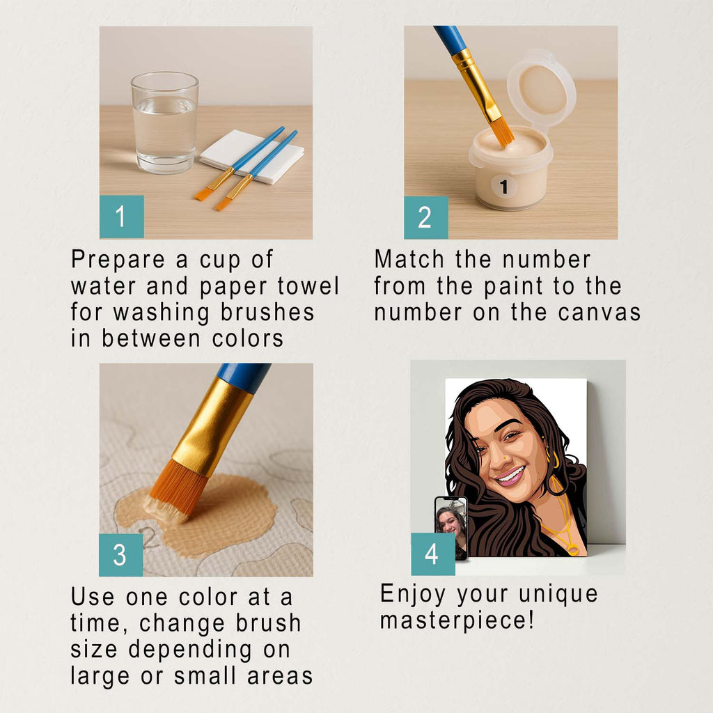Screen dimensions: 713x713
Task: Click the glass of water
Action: click(164, 123)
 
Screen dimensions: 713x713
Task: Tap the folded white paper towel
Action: click(251, 157)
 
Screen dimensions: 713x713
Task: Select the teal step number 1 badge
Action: click(122, 217)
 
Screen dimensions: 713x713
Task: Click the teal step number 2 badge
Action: click(425, 217)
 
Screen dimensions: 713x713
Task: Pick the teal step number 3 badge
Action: click(121, 555)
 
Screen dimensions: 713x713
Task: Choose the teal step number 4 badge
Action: click(433, 554)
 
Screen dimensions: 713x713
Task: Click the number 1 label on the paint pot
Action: click(503, 187)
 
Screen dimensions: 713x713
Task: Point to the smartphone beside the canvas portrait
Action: click(450, 528)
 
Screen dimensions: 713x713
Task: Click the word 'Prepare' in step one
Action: click(118, 260)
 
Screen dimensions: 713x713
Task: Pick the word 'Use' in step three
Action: click(93, 597)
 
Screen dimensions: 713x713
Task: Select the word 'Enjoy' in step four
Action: click(413, 595)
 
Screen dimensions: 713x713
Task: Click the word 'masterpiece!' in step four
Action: click(457, 620)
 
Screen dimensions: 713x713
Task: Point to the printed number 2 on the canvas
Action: click(149, 538)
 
